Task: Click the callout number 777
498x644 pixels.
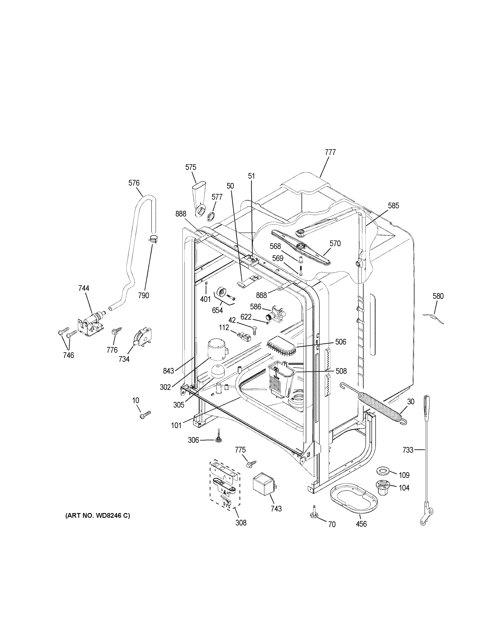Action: [x=330, y=152]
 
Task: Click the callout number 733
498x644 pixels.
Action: [x=408, y=458]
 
